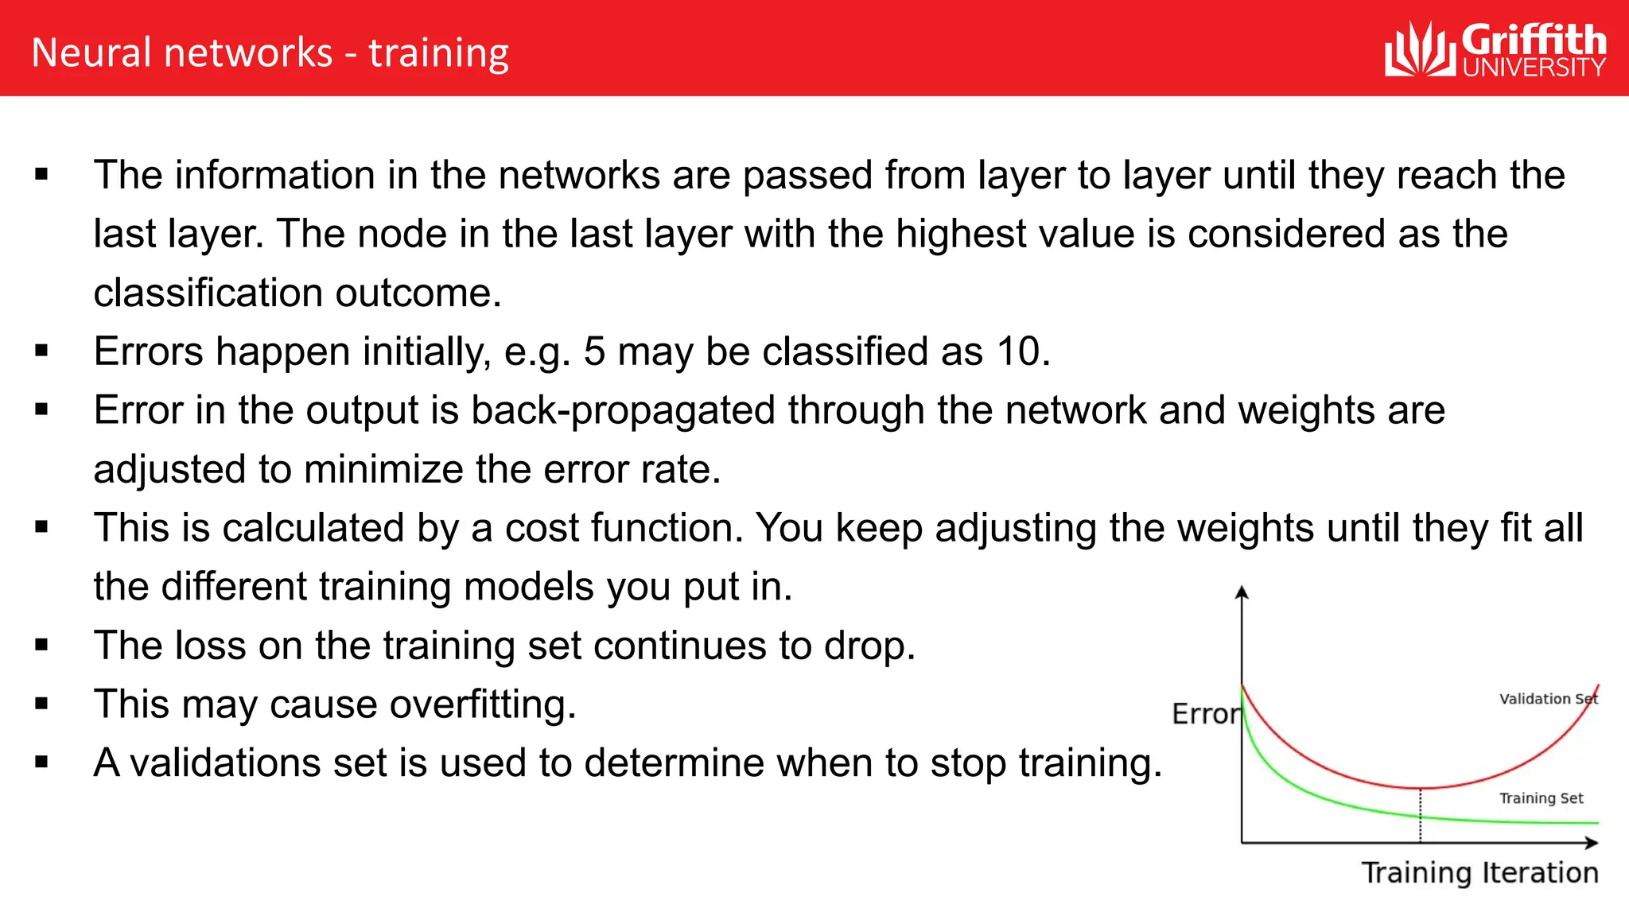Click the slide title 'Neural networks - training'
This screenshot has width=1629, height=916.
[270, 53]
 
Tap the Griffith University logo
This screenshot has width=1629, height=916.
[1495, 49]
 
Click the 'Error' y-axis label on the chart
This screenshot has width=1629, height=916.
[1205, 714]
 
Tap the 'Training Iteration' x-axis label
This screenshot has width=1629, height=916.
[1479, 873]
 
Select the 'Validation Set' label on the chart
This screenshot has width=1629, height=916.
[1547, 699]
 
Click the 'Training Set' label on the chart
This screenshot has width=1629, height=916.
[1541, 798]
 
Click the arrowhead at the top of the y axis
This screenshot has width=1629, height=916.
[1242, 592]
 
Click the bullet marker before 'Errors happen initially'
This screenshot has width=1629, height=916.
[42, 351]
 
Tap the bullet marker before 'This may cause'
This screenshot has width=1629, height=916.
[42, 704]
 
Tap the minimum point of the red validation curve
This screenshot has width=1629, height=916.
[1421, 788]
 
